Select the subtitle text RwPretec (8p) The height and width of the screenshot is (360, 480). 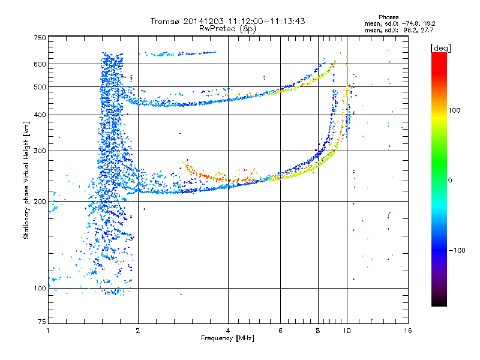[227, 29]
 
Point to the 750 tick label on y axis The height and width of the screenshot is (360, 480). [40, 38]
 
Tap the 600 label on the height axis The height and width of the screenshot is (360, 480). [40, 64]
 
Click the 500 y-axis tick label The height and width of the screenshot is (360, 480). [40, 87]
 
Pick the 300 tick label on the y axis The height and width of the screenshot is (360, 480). [40, 151]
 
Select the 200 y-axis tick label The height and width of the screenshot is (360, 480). [40, 202]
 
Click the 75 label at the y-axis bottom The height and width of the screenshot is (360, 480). [41, 322]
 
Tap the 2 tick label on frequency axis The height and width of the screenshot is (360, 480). [138, 331]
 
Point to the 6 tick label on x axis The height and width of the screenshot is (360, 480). [280, 331]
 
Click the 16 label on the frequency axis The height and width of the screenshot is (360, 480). [408, 331]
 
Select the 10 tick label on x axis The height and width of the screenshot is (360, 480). [347, 331]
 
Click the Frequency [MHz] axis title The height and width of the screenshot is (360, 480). [227, 338]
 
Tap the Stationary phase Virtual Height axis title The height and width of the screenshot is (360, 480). [26, 180]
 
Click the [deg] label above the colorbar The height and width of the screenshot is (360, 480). [440, 48]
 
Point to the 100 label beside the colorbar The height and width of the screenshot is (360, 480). [454, 110]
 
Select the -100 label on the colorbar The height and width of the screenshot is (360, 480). [457, 250]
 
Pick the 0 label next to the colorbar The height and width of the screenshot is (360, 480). [450, 181]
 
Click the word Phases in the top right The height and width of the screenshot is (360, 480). [388, 17]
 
